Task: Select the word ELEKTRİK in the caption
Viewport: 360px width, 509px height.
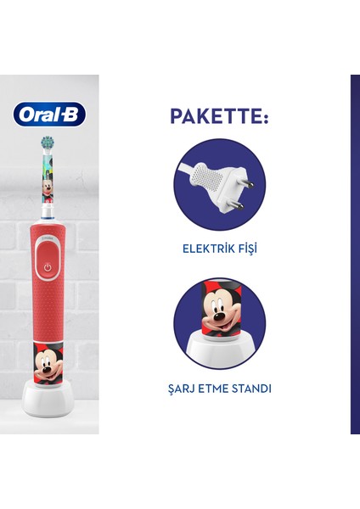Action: tap(202, 249)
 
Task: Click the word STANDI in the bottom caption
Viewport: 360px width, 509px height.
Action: tap(253, 389)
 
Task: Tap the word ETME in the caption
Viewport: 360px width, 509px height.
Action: tap(215, 389)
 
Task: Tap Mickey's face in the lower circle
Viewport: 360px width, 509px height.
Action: tap(226, 314)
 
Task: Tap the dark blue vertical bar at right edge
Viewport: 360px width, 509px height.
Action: tap(354, 255)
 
